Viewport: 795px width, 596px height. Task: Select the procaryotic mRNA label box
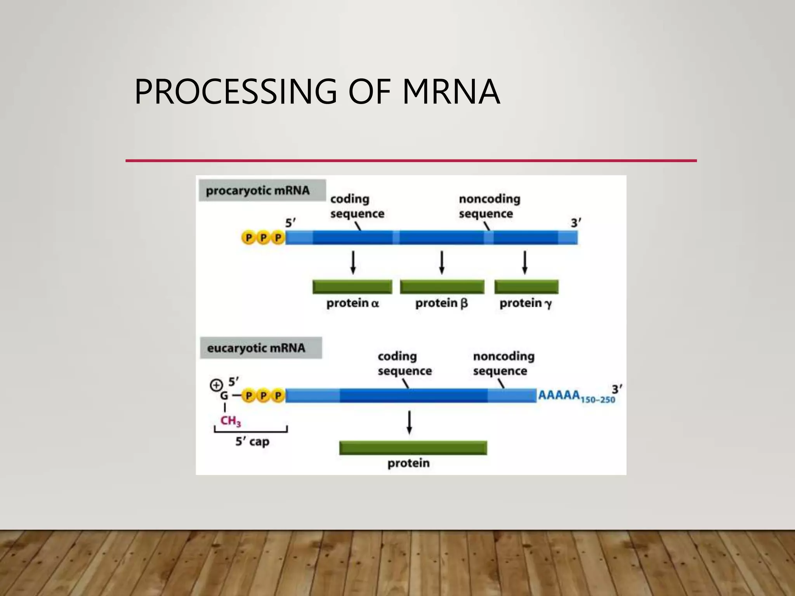262,191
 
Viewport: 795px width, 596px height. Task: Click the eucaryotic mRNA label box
260,348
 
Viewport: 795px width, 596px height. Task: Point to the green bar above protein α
352,287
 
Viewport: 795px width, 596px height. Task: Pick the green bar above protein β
442,287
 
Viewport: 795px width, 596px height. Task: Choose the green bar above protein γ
526,287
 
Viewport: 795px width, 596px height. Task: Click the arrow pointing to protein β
441,263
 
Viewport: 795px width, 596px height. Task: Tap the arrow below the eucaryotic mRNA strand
409,423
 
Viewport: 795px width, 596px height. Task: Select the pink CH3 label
231,421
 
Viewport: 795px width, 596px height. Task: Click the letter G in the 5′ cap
224,396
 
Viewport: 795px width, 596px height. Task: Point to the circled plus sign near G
216,385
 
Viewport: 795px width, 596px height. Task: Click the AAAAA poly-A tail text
559,395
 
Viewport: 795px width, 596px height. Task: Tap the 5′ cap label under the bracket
252,442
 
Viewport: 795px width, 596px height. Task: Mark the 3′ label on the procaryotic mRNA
576,223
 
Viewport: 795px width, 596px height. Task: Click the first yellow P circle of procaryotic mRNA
248,237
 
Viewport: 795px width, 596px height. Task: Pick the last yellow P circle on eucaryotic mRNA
278,396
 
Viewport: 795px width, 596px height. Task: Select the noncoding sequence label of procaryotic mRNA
489,206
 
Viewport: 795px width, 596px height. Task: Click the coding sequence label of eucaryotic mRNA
404,364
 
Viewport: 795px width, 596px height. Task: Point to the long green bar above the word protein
413,448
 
